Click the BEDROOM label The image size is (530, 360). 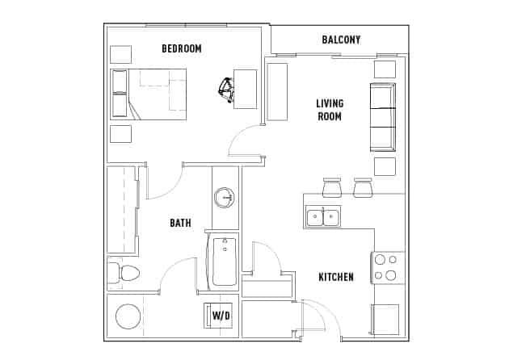(181, 48)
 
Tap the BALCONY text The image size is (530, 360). (341, 40)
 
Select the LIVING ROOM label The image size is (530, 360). (329, 110)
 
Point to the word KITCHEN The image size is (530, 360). (335, 277)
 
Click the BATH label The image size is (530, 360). (180, 223)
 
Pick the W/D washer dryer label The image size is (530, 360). (221, 316)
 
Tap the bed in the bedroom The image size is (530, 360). (149, 93)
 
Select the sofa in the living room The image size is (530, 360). (383, 117)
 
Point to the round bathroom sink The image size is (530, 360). (225, 197)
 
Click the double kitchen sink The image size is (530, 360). (322, 216)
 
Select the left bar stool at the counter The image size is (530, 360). (332, 188)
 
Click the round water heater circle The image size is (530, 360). (128, 316)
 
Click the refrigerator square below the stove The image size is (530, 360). (385, 318)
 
